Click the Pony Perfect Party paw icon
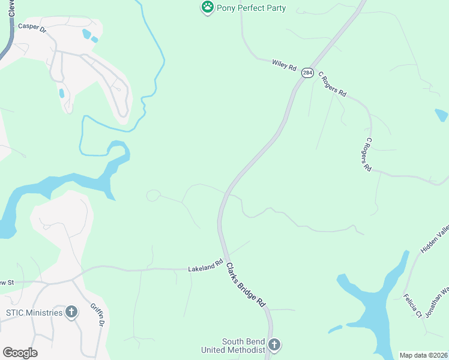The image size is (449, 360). pos(207,8)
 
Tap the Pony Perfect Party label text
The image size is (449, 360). pos(252,8)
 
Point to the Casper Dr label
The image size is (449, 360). pos(32,28)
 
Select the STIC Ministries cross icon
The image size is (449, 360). pos(71,312)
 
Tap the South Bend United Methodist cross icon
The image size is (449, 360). pos(274,345)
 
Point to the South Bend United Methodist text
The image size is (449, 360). pos(243,346)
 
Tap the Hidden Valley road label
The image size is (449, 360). pos(435,238)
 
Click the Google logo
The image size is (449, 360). pos(20,353)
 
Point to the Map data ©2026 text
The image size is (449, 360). pos(423,355)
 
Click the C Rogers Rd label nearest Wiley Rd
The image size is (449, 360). pos(333,85)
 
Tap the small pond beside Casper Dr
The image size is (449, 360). pos(88,34)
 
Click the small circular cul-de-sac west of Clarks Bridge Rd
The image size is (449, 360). pos(153,195)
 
